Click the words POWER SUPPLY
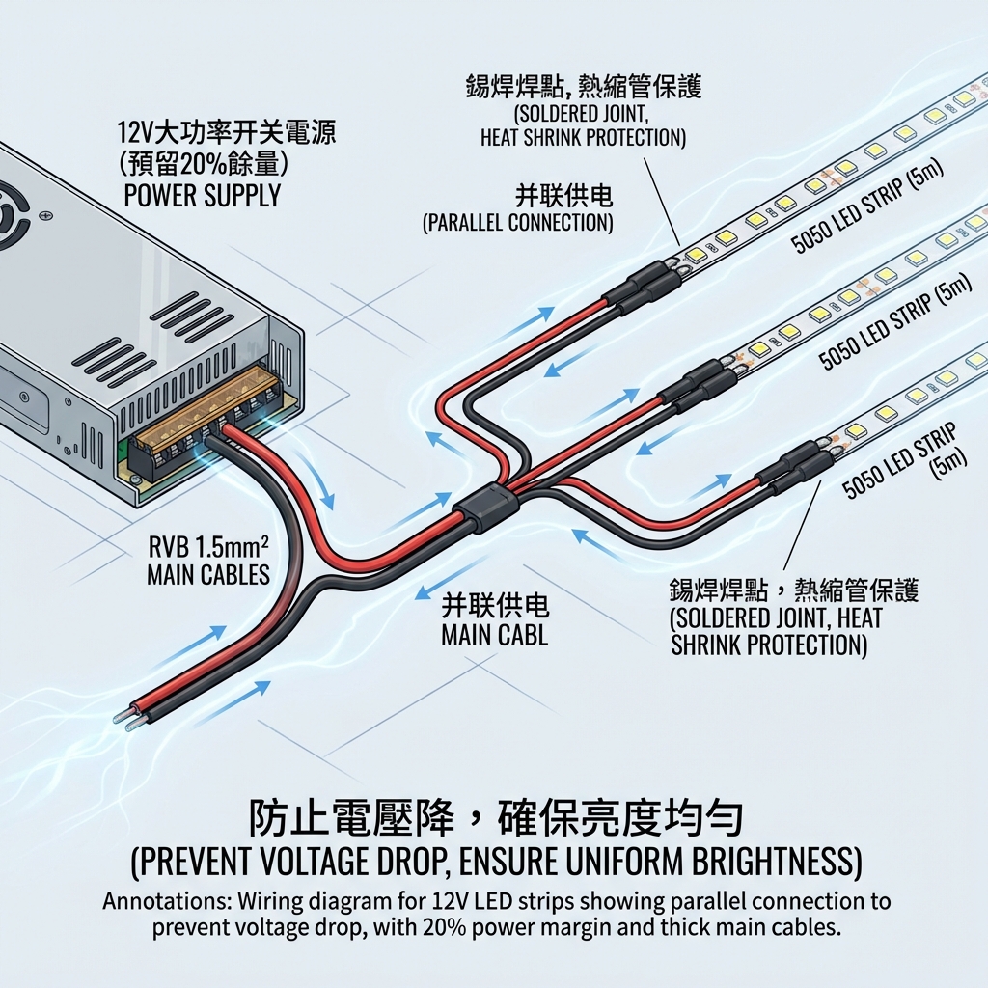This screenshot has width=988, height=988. pos(202,196)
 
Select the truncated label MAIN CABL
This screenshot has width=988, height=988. pos(494,636)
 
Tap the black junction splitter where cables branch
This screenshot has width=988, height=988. pos(488,508)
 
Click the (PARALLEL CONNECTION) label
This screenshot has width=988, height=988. pos(518,224)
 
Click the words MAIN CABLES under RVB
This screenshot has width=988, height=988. pos(207,576)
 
